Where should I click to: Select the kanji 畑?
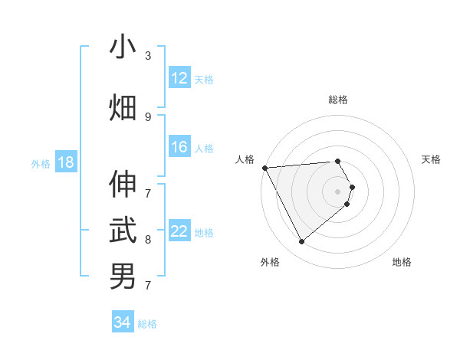pos(123,107)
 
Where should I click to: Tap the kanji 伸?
pos(123,184)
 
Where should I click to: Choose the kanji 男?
pos(123,276)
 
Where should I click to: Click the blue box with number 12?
pos(179,78)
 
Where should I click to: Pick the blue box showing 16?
pos(179,147)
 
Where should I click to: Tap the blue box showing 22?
pos(179,231)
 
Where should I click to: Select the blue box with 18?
pos(65,162)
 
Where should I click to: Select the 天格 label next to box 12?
pos(204,79)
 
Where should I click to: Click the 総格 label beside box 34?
pos(147,323)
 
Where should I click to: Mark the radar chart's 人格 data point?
pos(264,168)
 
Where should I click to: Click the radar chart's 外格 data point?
pos(301,241)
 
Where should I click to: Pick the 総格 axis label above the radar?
pos(338,100)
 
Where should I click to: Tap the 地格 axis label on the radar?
pos(402,262)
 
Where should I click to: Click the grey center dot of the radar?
pos(338,191)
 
